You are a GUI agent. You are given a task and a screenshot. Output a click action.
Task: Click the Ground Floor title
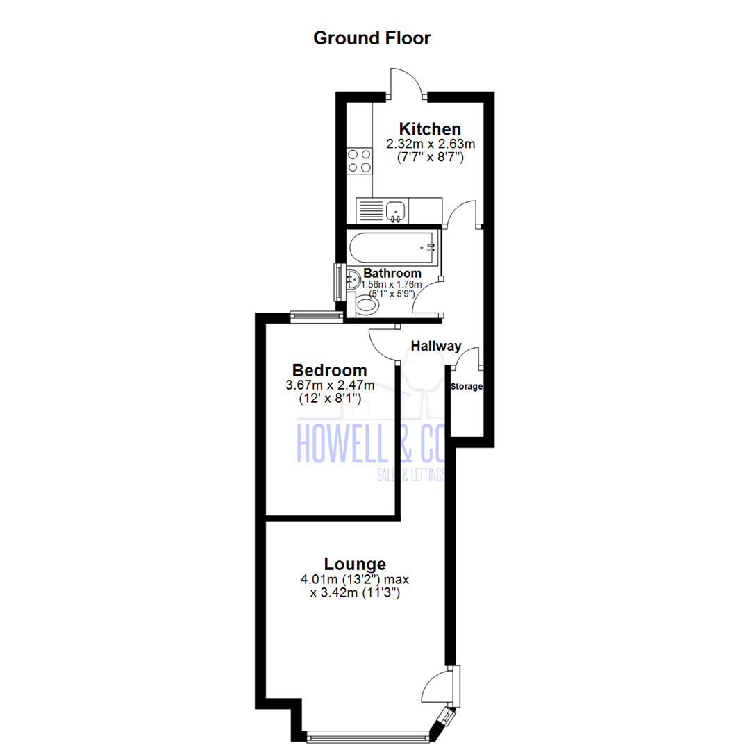coord(372,37)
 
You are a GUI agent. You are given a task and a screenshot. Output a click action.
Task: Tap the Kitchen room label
coord(429,129)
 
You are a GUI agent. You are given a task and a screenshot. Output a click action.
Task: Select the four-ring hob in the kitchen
coord(359,160)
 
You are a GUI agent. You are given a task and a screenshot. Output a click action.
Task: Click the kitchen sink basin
coord(397,208)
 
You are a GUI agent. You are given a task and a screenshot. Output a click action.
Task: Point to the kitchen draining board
coord(369,210)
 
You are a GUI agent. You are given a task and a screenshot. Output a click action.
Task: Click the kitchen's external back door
coord(407,83)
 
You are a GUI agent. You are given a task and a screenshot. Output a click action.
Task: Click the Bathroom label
coord(392,273)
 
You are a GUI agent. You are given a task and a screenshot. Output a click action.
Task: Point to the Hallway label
coord(436,345)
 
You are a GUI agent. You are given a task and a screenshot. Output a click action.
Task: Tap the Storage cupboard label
coord(466,386)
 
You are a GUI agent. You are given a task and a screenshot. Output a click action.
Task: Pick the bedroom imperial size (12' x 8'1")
coord(329,399)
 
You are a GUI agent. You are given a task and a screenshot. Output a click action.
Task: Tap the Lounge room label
coord(355,563)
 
